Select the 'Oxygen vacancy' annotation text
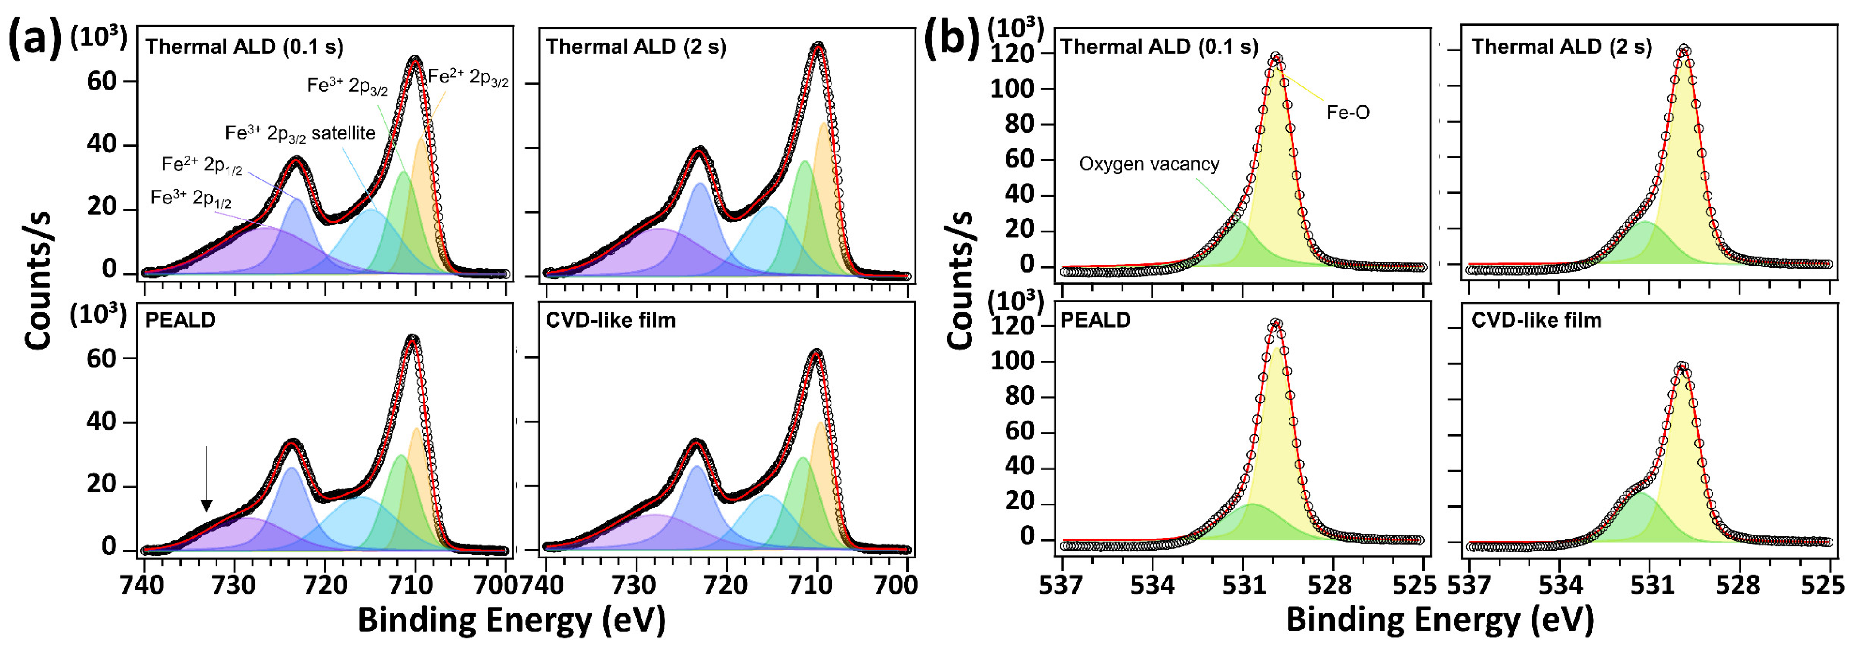[x=1149, y=164]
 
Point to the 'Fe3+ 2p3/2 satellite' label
[x=300, y=133]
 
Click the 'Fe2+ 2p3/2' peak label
[x=468, y=78]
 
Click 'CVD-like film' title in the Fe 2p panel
[x=610, y=320]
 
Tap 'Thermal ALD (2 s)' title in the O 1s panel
[x=1561, y=47]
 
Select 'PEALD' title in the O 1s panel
[x=1095, y=320]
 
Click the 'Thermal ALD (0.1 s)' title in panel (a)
[x=244, y=47]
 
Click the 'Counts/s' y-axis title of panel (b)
[x=960, y=281]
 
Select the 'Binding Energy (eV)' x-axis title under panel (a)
[x=512, y=621]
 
